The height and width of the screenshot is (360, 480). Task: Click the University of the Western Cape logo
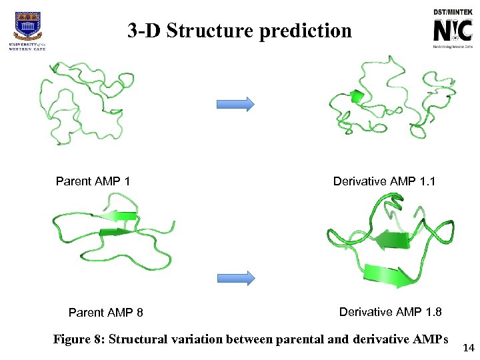27,29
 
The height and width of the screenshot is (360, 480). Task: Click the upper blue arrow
235,104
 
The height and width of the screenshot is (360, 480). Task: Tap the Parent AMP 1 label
93,181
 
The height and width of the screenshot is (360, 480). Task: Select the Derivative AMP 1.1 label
384,181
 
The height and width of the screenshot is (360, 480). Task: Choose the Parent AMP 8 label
106,313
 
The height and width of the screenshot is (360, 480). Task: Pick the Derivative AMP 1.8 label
390,312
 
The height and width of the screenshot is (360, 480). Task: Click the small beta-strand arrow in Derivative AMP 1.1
357,97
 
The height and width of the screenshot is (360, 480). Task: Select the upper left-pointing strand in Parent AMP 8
118,216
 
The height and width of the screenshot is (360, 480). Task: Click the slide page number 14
469,347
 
